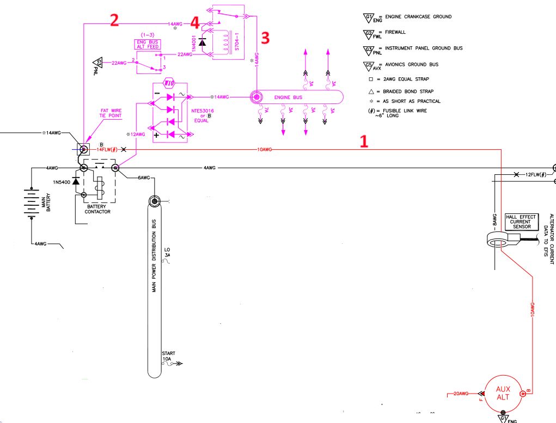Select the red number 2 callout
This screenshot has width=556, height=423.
tap(114, 20)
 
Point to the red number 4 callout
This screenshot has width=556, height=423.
tap(194, 22)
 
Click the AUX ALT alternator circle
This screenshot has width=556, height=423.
tap(503, 393)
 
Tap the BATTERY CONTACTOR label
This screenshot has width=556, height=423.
tap(97, 209)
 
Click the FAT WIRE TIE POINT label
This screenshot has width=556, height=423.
tap(111, 113)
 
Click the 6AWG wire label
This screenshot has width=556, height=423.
tap(144, 178)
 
